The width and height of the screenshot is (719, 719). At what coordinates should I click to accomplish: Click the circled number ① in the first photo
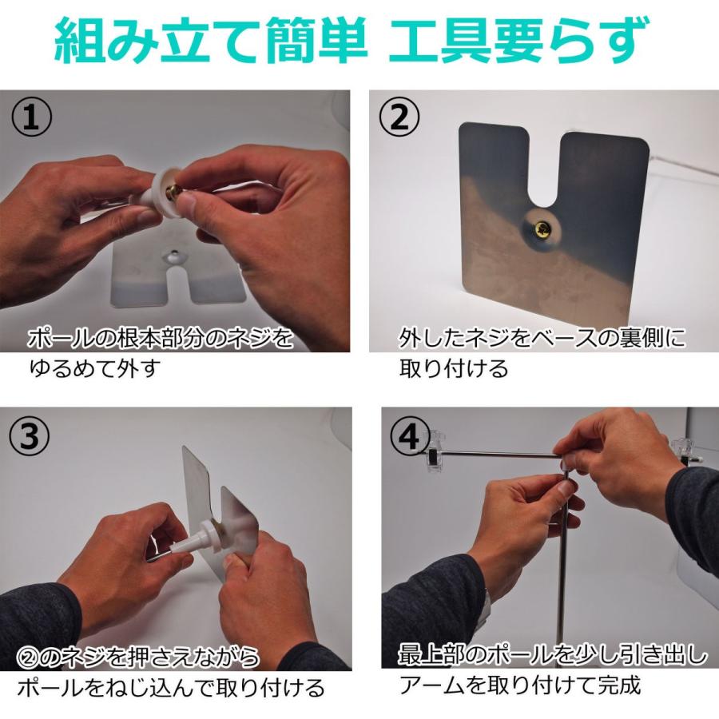click(31, 117)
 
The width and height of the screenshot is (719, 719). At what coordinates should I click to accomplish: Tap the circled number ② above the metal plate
click(399, 117)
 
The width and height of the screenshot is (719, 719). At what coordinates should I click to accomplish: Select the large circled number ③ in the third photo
click(30, 436)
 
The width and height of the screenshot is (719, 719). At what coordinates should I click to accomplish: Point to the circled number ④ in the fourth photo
click(410, 436)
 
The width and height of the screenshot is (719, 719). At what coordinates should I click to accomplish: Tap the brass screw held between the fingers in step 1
click(173, 192)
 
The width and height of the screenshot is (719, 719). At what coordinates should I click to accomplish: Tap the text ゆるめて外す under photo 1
click(94, 368)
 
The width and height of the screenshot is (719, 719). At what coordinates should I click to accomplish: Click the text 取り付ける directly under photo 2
click(454, 368)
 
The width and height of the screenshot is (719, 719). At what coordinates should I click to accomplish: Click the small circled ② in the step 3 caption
click(29, 657)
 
